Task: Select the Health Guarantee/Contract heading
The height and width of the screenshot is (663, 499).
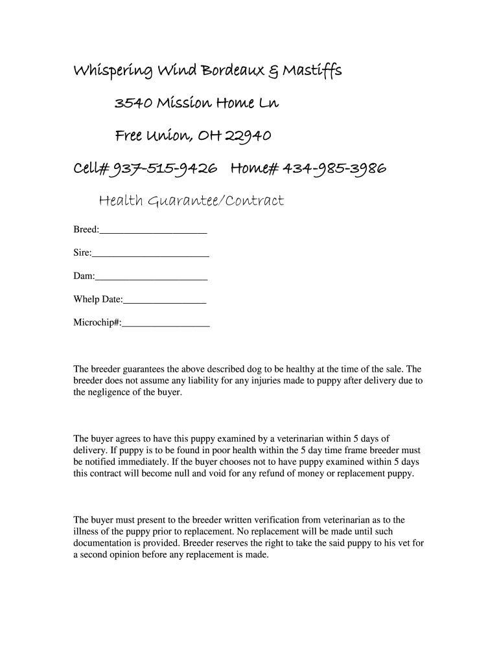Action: pyautogui.click(x=191, y=201)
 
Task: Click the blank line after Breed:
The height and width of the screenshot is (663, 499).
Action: pyautogui.click(x=154, y=231)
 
